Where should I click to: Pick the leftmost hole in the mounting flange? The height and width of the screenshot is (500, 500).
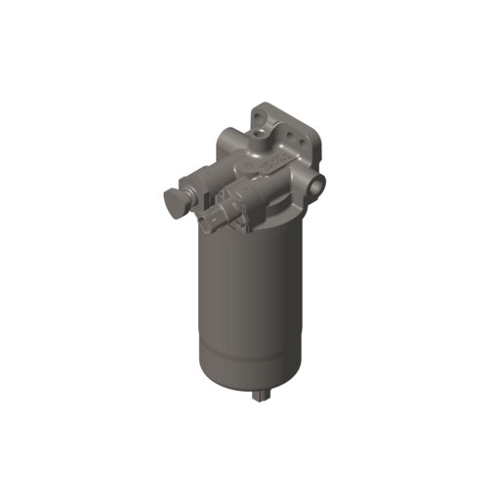[x=257, y=116]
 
